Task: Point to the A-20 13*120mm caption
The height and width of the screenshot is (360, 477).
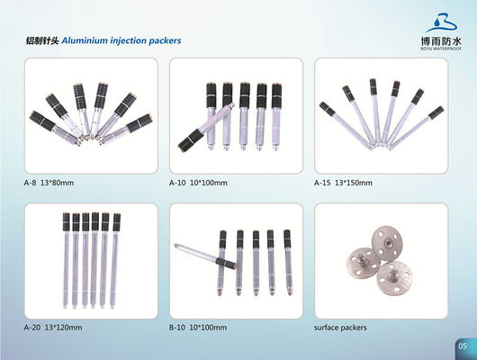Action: [x=53, y=328]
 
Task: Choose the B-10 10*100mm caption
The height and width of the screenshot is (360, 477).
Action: [x=199, y=328]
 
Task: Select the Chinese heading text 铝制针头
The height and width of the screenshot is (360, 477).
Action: [x=42, y=41]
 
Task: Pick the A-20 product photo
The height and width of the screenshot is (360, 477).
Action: [x=90, y=259]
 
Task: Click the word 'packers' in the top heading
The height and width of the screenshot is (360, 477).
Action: [x=163, y=41]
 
